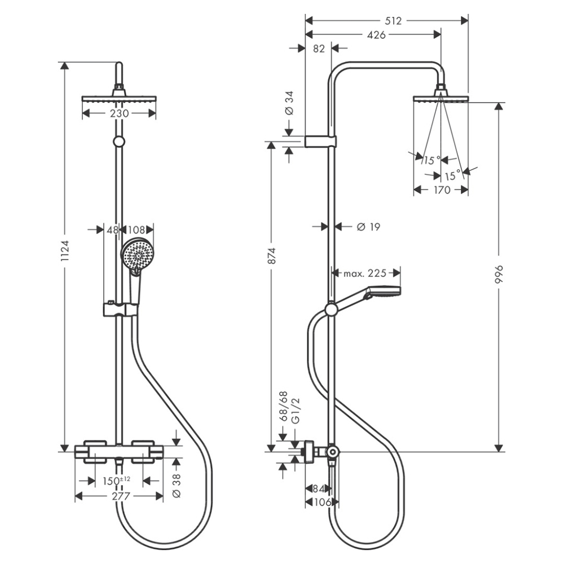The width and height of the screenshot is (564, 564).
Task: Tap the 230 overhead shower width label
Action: click(x=120, y=113)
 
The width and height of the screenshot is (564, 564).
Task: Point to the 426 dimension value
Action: click(x=376, y=35)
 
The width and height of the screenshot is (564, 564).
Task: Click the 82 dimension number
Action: click(x=318, y=49)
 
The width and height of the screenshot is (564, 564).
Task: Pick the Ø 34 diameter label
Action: click(x=289, y=104)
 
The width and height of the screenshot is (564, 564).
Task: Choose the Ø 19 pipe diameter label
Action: click(x=369, y=227)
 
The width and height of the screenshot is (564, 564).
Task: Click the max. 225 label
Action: click(x=365, y=274)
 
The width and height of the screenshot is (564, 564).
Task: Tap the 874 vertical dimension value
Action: click(x=272, y=255)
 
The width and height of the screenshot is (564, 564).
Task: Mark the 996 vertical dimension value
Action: click(x=498, y=275)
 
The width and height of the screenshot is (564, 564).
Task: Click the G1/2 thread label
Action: click(x=294, y=411)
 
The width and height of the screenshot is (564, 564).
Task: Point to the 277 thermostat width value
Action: click(x=120, y=496)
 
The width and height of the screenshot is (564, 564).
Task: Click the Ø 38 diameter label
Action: click(x=176, y=485)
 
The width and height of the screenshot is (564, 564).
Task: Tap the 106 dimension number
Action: click(x=321, y=502)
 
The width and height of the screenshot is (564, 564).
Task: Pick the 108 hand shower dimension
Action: click(x=138, y=230)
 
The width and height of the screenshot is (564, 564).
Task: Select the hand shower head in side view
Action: click(x=384, y=292)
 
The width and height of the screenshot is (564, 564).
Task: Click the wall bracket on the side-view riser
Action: click(x=320, y=141)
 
